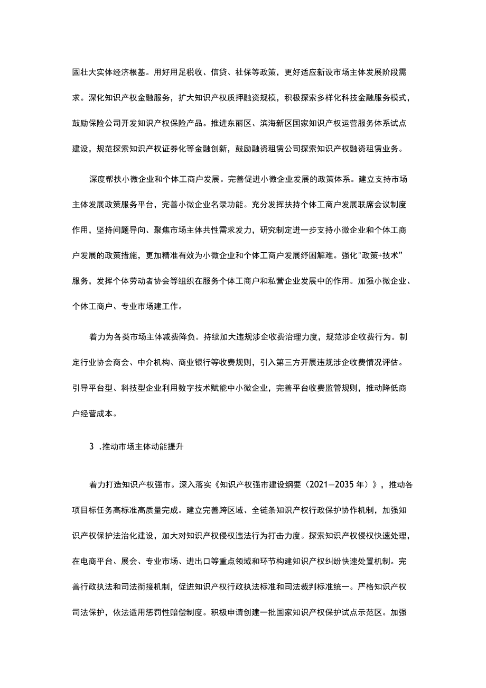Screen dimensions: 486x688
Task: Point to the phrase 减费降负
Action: (x=182, y=336)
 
